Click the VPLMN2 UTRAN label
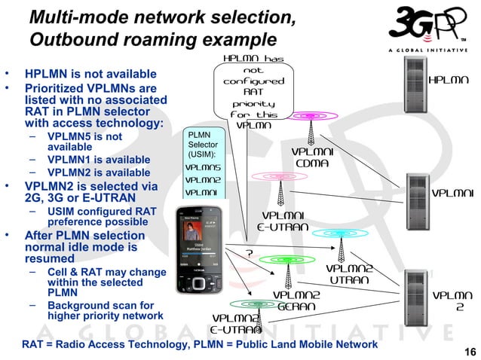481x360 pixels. (x=349, y=274)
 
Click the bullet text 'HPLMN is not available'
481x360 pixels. (x=90, y=75)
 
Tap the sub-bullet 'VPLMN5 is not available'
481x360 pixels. (x=84, y=142)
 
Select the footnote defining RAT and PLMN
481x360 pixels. (x=200, y=344)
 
